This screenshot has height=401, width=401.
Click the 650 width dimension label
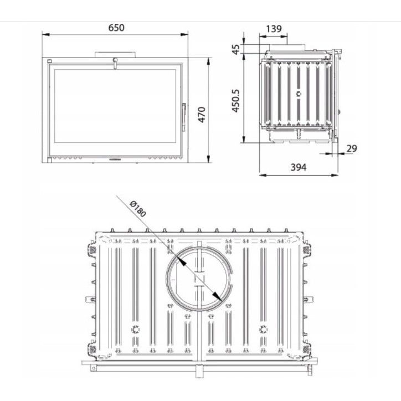pyautogui.click(x=116, y=28)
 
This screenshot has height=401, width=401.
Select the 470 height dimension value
pyautogui.click(x=203, y=115)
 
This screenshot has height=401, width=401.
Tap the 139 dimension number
pyautogui.click(x=273, y=29)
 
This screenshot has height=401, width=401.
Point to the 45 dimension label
pyautogui.click(x=237, y=50)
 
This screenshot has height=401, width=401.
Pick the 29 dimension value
pyautogui.click(x=352, y=148)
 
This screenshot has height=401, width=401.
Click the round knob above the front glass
pyautogui.click(x=115, y=60)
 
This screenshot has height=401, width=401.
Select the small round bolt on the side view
pyautogui.click(x=299, y=94)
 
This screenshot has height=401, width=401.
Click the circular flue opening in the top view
pyautogui.click(x=198, y=275)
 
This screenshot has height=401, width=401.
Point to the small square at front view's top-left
pyautogui.click(x=49, y=60)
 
